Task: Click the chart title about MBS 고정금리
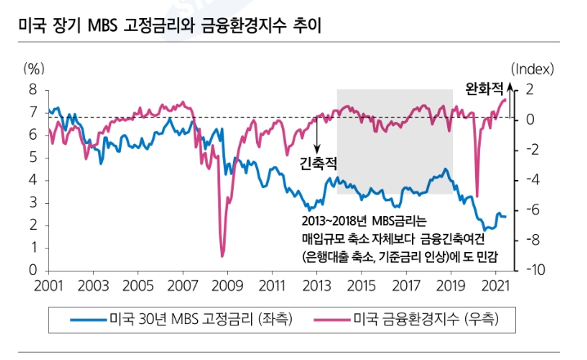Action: pos(168,22)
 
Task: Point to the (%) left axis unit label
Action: pos(34,68)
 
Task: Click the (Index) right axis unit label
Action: pos(532,68)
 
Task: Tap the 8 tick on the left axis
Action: pos(34,89)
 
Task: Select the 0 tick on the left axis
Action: pos(34,270)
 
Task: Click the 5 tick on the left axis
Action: pos(34,157)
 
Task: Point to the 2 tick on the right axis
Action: pos(530,89)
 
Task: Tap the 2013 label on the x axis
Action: pos(316,286)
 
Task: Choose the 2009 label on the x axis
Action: pos(226,286)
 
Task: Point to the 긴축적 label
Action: pos(318,162)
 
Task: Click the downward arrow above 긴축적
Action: pos(317,135)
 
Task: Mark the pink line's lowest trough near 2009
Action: pos(222,256)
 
